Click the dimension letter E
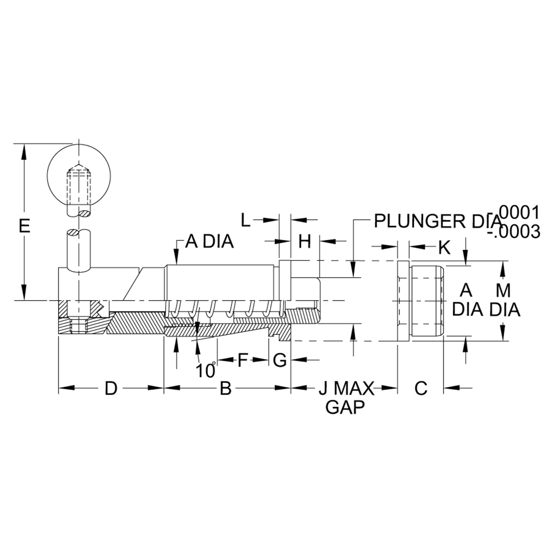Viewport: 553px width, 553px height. tap(24, 226)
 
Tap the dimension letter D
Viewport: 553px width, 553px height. tap(111, 388)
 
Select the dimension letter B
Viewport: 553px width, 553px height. tap(226, 388)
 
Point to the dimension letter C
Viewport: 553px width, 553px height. tap(421, 388)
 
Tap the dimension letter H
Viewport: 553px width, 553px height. tap(305, 242)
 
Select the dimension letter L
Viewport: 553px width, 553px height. tap(246, 220)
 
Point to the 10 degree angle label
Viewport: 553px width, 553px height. tap(206, 370)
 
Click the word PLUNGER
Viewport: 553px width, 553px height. tap(420, 221)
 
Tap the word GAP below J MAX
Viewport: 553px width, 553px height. tap(345, 407)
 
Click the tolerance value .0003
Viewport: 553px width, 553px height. tap(514, 232)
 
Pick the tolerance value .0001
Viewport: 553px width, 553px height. tap(519, 213)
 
